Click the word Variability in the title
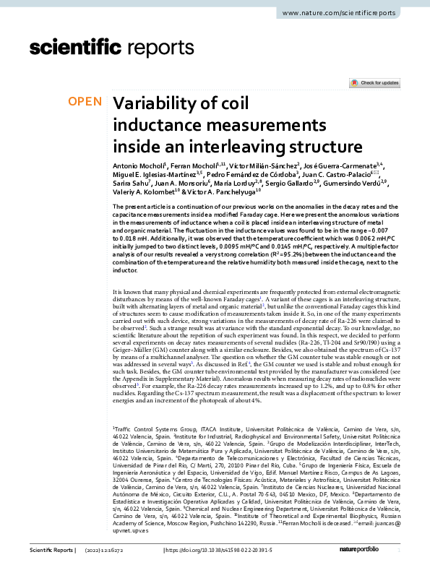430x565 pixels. coord(155,103)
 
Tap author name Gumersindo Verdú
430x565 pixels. coord(361,185)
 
